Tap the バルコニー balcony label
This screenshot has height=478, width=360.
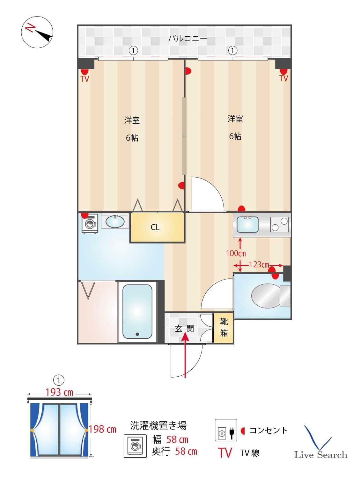tap(187, 39)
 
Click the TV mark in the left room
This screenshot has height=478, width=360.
tap(85, 79)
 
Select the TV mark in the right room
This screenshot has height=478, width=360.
tap(283, 78)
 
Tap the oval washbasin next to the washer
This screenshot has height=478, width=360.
tap(115, 221)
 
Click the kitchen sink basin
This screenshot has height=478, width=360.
tap(247, 225)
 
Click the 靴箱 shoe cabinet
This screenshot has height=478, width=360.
tap(224, 327)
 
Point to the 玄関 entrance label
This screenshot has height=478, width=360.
tap(184, 328)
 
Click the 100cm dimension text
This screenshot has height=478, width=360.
tap(236, 253)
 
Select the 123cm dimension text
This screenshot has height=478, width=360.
tap(259, 265)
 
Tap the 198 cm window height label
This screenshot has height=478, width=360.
tap(102, 429)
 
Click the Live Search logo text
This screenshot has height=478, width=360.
tap(320, 454)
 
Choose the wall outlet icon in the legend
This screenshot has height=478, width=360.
tap(226, 431)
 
